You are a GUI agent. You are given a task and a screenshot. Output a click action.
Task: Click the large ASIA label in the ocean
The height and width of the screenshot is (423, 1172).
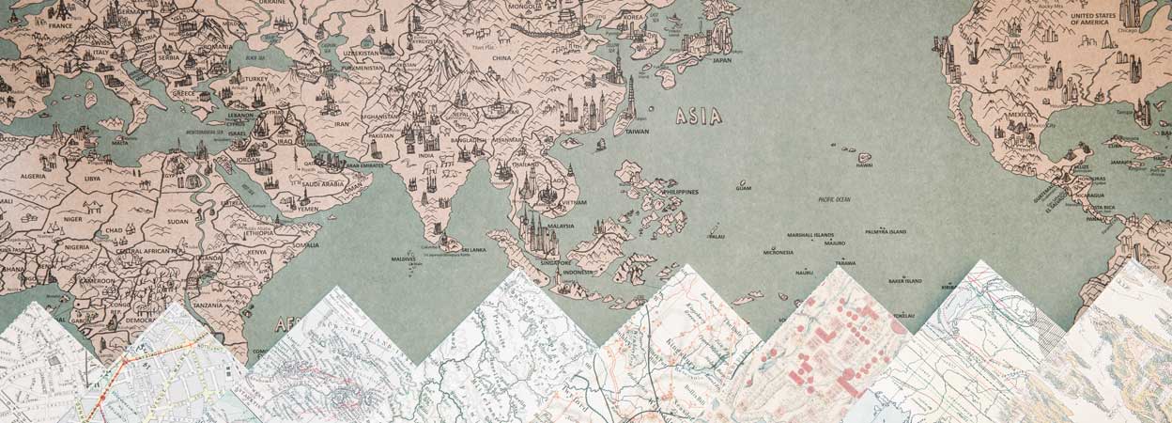pyautogui.click(x=699, y=117)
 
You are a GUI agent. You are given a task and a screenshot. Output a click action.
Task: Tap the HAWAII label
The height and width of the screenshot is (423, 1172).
pyautogui.click(x=864, y=165)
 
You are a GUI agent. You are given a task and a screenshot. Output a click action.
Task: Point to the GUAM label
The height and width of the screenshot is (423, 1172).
pyautogui.click(x=744, y=188)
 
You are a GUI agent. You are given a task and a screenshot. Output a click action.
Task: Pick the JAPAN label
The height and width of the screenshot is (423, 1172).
pyautogui.click(x=721, y=60)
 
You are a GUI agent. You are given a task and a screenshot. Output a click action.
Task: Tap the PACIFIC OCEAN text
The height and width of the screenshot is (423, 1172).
pyautogui.click(x=834, y=199)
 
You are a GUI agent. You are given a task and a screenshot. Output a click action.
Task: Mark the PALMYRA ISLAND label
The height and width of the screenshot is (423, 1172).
pyautogui.click(x=886, y=231)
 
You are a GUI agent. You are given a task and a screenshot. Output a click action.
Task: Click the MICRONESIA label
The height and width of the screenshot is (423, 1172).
pyautogui.click(x=779, y=252)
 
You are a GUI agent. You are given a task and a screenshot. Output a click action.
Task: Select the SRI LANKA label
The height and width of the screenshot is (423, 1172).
pyautogui.click(x=470, y=250)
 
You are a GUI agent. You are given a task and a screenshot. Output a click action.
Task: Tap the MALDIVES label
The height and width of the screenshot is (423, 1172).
pyautogui.click(x=402, y=258)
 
